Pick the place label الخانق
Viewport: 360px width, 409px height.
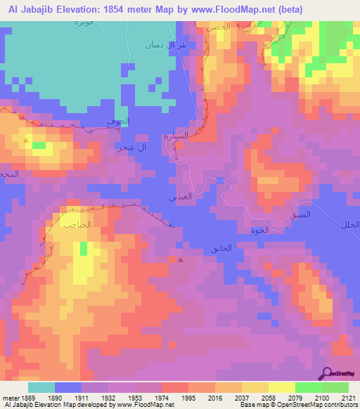pyautogui.click(x=220, y=249)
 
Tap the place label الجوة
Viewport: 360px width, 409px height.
pyautogui.click(x=259, y=230)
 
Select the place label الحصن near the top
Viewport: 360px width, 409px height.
pyautogui.click(x=218, y=27)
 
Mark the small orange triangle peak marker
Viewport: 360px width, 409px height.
pyautogui.click(x=27, y=141)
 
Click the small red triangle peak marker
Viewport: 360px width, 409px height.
pyautogui.click(x=181, y=259)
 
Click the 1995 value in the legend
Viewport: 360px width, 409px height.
pyautogui.click(x=188, y=398)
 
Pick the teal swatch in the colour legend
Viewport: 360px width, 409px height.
pyautogui.click(x=41, y=387)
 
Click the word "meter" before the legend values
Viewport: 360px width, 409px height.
pyautogui.click(x=10, y=398)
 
